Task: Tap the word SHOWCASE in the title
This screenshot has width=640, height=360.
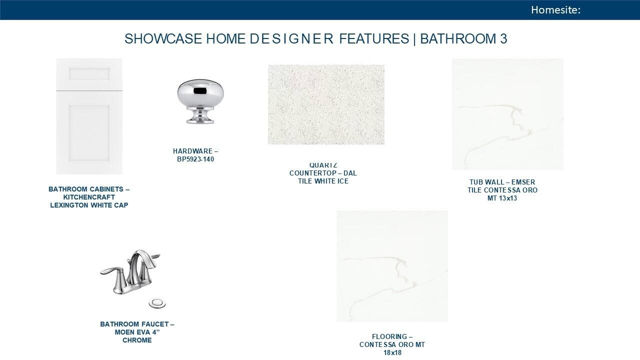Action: [163, 39]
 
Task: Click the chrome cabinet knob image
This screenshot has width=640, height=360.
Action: [200, 101]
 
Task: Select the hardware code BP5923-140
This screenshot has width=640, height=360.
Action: [195, 159]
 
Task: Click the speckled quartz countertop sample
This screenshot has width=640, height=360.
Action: [326, 104]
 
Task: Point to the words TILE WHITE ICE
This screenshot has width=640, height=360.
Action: [323, 181]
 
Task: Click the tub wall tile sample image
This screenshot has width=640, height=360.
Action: [507, 114]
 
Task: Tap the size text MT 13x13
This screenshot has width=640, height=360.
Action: [502, 198]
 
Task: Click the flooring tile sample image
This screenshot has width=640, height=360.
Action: [392, 266]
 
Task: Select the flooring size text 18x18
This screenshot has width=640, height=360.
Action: [392, 352]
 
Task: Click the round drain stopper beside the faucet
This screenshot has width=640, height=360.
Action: [157, 303]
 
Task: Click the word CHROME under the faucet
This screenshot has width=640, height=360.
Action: [137, 340]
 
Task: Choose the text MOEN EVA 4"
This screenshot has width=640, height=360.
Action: [137, 332]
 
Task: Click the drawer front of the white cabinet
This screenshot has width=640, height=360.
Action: [89, 74]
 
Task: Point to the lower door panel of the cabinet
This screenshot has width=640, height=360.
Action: [89, 133]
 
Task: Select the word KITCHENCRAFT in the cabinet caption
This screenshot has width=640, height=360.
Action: [89, 197]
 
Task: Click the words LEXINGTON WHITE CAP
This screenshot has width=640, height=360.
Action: [89, 205]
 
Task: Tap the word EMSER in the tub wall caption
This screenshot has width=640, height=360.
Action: [523, 182]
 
